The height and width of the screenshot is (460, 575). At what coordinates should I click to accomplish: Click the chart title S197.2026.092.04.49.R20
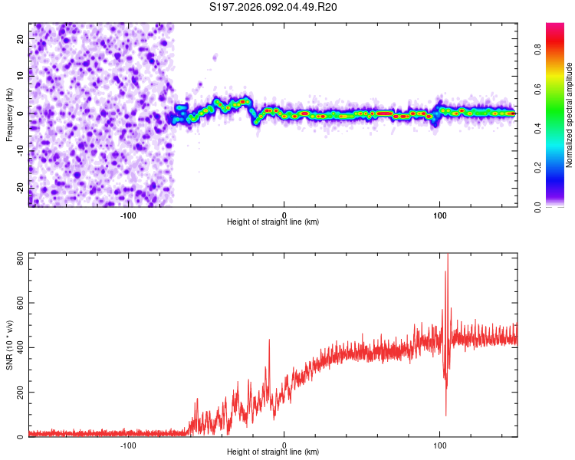click(x=273, y=8)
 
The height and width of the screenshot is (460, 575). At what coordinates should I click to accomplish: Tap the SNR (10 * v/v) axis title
click(x=9, y=345)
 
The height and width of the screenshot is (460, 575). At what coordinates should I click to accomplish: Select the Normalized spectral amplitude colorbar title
click(x=570, y=115)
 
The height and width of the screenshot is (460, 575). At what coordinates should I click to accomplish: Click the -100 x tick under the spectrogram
click(x=128, y=215)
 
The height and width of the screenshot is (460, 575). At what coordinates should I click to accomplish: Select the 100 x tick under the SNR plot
click(x=440, y=445)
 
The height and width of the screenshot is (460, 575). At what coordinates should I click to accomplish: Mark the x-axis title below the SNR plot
click(x=273, y=453)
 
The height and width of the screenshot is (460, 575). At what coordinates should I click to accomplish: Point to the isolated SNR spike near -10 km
click(x=269, y=341)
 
